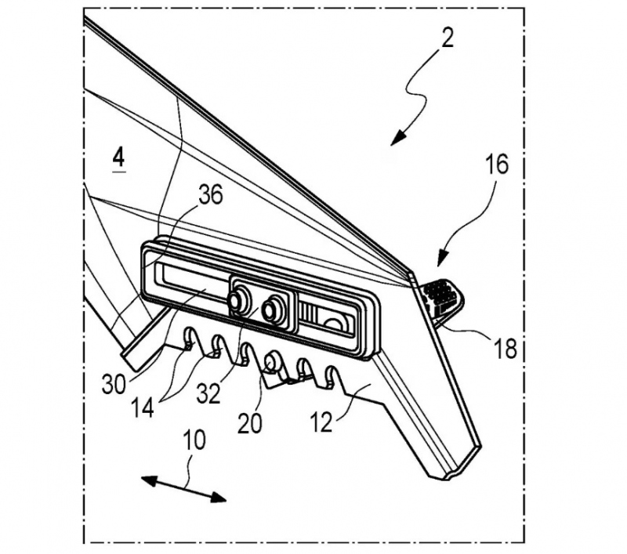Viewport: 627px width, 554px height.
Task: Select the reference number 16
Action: pyautogui.click(x=496, y=165)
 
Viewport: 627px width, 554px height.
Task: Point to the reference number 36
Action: pyautogui.click(x=210, y=195)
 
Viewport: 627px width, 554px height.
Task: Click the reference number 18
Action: pyautogui.click(x=505, y=348)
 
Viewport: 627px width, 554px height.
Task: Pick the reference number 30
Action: pyautogui.click(x=114, y=385)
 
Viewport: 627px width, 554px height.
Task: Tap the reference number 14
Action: pyautogui.click(x=143, y=407)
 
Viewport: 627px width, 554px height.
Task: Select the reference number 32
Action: pyautogui.click(x=208, y=393)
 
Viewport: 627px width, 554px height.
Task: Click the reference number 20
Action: pyautogui.click(x=249, y=423)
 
